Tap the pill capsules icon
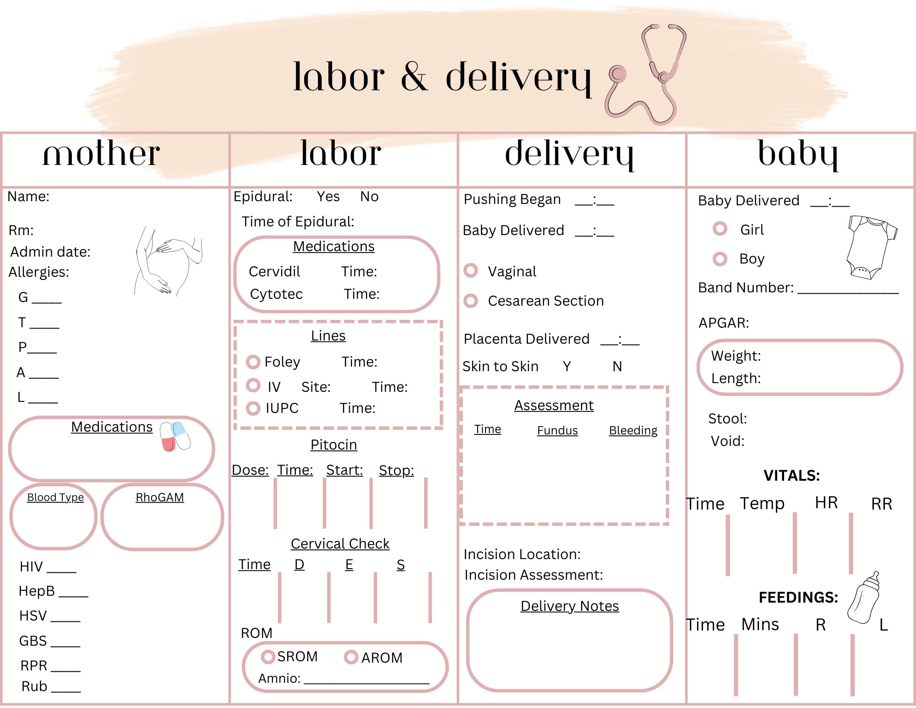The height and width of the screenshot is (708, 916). [x=175, y=437]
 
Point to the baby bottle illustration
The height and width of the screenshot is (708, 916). [x=864, y=598]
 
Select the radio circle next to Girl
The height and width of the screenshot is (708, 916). [x=720, y=229]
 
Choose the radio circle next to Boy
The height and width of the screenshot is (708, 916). [x=720, y=259]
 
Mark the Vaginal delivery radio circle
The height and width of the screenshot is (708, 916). [x=471, y=270]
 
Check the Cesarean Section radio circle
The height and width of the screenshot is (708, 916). [x=471, y=301]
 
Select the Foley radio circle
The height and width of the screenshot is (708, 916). [x=253, y=362]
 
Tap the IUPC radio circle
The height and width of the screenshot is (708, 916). [x=253, y=408]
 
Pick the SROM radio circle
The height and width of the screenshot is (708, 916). [x=268, y=657]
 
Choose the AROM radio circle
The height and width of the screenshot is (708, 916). [x=351, y=657]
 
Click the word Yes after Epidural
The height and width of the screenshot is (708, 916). [x=328, y=197]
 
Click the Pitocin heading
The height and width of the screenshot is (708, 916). [x=333, y=445]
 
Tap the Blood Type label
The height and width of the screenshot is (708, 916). [x=55, y=498]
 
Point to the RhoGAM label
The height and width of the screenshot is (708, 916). [x=160, y=497]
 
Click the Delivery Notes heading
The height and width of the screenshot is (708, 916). [x=570, y=606]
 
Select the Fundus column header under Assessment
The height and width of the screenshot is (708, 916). [x=557, y=431]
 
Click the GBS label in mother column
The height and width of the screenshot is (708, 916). [x=33, y=641]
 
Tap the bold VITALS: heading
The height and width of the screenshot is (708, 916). [x=791, y=476]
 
